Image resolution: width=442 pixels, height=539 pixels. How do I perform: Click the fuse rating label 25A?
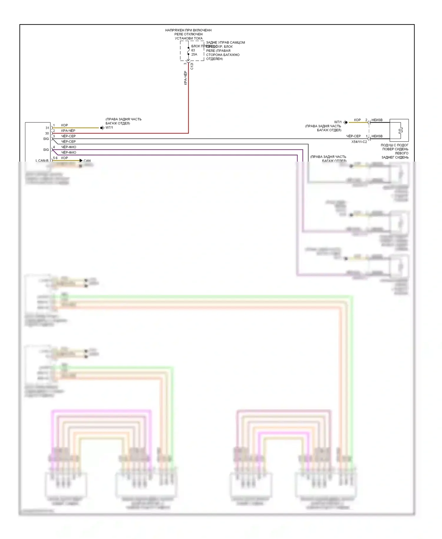click(x=194, y=54)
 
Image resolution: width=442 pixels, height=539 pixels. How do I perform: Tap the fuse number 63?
click(x=193, y=50)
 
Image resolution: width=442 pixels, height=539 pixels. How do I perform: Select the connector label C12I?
click(x=192, y=66)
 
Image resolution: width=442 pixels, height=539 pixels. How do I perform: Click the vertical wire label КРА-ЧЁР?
click(x=185, y=78)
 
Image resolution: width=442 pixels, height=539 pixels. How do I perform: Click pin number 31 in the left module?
click(x=47, y=128)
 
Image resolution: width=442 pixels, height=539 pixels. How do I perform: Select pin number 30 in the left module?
click(x=47, y=133)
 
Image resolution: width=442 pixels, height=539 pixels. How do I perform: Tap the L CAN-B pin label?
click(x=42, y=161)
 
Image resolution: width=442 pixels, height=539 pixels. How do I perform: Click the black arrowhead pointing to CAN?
click(x=81, y=160)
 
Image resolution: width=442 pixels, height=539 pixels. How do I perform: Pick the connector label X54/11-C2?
click(x=359, y=142)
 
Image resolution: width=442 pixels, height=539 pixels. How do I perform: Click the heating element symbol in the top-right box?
click(x=400, y=130)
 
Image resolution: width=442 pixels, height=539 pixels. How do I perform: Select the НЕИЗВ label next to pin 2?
click(x=377, y=120)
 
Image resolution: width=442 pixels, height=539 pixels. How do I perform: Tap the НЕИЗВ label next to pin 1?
click(x=377, y=136)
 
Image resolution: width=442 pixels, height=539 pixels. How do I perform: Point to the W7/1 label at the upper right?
click(x=338, y=122)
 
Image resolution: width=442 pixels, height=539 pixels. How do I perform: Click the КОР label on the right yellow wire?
click(x=357, y=120)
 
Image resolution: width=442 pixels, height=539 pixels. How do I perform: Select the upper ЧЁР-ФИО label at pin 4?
click(x=69, y=147)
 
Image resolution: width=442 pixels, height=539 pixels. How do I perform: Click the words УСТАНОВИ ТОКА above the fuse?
click(x=189, y=38)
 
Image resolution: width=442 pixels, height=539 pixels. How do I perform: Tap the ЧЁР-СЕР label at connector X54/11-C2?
click(x=353, y=136)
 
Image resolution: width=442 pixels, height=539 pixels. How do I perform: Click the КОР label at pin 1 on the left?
click(x=65, y=125)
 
